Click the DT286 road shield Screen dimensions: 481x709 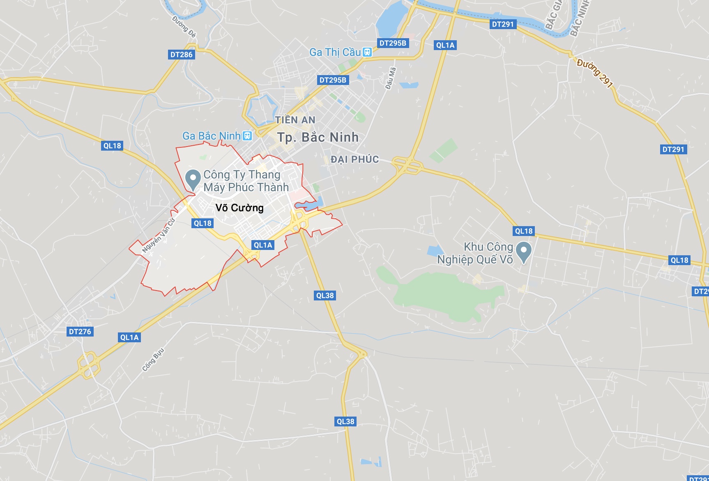[x=181, y=55]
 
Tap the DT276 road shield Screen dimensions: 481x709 [x=80, y=332]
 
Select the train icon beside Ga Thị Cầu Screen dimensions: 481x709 [x=367, y=52]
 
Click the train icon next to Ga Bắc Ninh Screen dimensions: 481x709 [x=247, y=136]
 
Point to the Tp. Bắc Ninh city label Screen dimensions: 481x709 [x=318, y=137]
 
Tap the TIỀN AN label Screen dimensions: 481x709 [x=295, y=120]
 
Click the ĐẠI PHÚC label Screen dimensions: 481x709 [x=354, y=159]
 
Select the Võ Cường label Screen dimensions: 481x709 [x=239, y=208]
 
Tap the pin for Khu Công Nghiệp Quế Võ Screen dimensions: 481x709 [x=523, y=252]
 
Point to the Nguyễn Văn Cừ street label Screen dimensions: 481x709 [x=159, y=235]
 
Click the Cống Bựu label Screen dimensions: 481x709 [x=153, y=360]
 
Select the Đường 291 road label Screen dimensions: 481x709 [x=595, y=73]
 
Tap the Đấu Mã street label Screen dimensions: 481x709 [x=391, y=78]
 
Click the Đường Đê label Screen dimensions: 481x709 [x=184, y=26]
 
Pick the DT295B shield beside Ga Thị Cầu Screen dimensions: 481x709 [x=393, y=43]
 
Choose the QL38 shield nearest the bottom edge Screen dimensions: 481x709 [x=345, y=421]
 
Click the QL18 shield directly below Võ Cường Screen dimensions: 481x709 [x=203, y=223]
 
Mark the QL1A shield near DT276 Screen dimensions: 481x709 [x=129, y=337]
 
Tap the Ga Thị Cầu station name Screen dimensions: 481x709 [x=335, y=52]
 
